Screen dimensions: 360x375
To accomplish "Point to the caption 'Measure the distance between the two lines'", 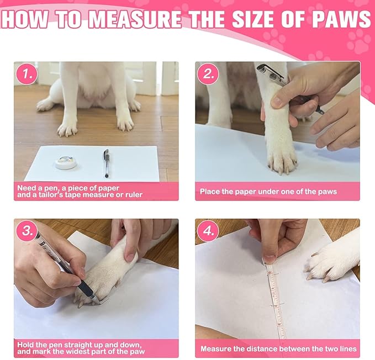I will point(278,349).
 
